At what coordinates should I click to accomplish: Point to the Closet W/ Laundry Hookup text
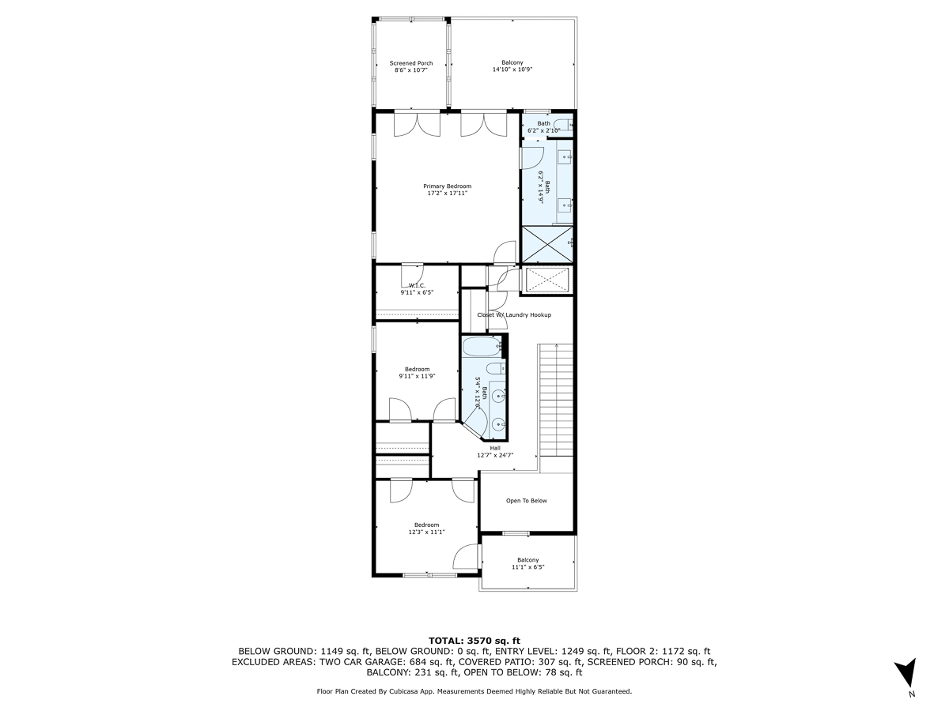[x=514, y=315]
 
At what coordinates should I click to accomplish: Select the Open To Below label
[x=527, y=501]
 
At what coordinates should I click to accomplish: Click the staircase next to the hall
[x=556, y=399]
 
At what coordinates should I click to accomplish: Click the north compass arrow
[x=908, y=673]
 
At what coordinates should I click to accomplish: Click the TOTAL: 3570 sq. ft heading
[x=475, y=640]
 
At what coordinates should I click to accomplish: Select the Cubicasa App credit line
[x=475, y=691]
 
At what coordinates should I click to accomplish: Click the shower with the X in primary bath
[x=546, y=244]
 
